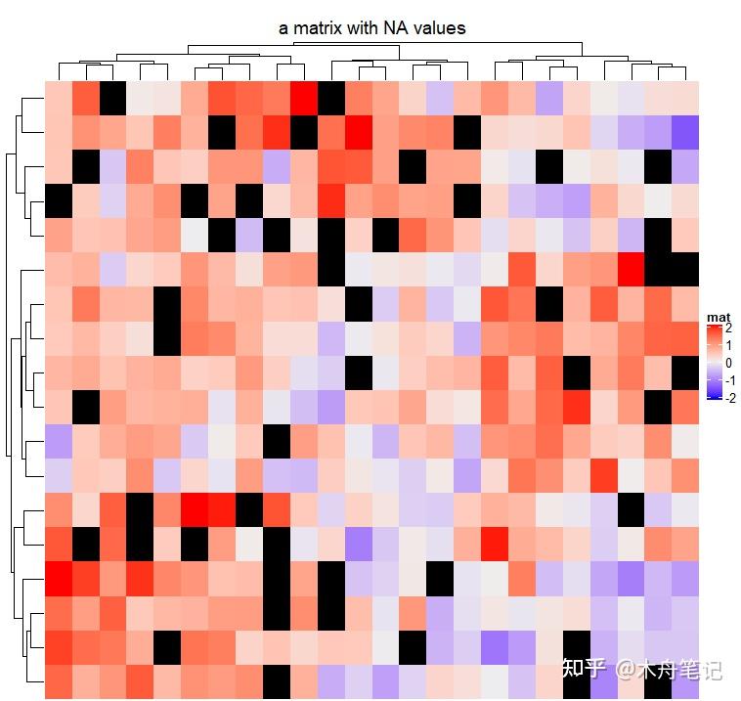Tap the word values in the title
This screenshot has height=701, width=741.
click(x=440, y=28)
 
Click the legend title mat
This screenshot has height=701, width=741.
click(x=718, y=317)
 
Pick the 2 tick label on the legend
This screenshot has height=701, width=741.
click(x=728, y=328)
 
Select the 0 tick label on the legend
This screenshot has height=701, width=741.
click(x=728, y=363)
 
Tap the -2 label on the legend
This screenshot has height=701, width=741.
click(x=730, y=397)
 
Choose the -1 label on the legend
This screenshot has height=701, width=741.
click(x=730, y=379)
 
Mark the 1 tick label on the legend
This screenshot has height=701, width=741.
click(x=728, y=345)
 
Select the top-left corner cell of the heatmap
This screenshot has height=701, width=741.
click(x=58, y=98)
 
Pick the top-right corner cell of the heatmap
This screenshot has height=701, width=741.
click(x=685, y=98)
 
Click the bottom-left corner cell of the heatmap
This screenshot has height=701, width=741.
click(x=58, y=681)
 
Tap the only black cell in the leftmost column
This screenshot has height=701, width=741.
click(x=58, y=201)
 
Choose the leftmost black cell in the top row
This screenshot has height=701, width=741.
click(x=112, y=98)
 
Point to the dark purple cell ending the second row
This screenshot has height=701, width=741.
click(x=685, y=132)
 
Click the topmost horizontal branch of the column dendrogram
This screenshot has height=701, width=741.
click(x=386, y=43)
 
